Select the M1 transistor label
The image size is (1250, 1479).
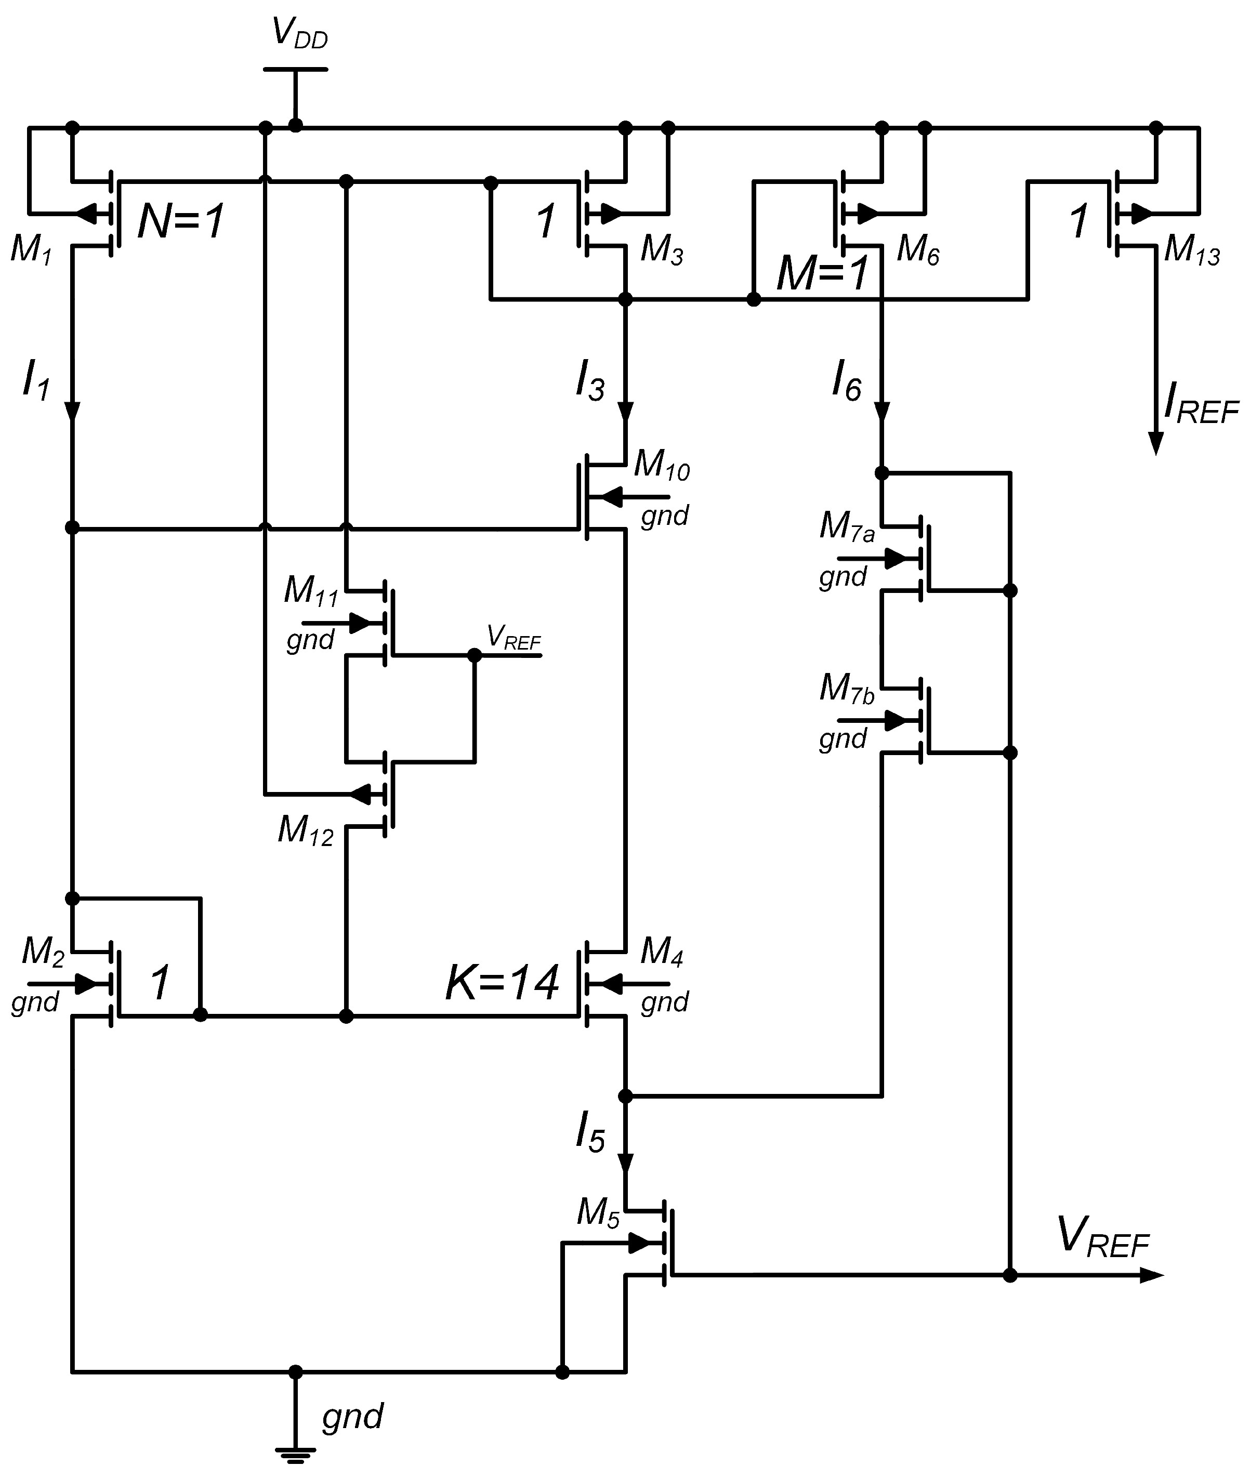(x=31, y=250)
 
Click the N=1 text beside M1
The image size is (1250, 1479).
(x=181, y=220)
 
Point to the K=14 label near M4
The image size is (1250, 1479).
(x=502, y=983)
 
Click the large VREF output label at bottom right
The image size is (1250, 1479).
(x=1102, y=1236)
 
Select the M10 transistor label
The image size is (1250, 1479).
(x=661, y=466)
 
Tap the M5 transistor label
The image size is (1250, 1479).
(x=598, y=1213)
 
